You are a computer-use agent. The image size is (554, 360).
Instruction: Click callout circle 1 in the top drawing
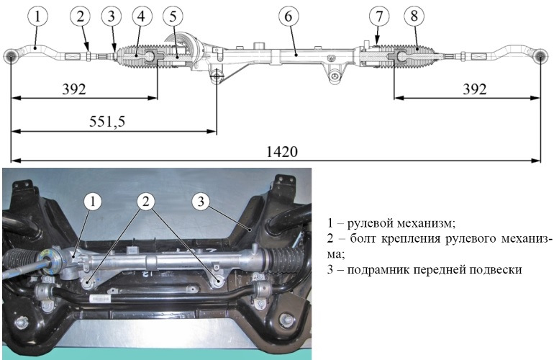[x=37, y=17]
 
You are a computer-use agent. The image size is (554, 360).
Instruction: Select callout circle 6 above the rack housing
[x=289, y=17]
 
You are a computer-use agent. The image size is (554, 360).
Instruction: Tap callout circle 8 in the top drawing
[x=414, y=17]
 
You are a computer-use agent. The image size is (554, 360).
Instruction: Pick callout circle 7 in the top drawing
[x=379, y=17]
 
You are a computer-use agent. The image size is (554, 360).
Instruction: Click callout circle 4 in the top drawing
[x=141, y=17]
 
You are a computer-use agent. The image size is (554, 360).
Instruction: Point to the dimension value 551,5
[x=107, y=122]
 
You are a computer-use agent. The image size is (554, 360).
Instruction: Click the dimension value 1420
[x=282, y=152]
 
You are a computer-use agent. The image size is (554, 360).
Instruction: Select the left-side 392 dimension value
[x=74, y=89]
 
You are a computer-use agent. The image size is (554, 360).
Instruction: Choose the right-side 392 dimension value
[x=475, y=89]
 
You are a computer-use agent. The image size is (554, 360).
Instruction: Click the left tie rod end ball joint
[x=11, y=56]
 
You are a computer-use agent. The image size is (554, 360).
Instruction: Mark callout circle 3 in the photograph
[x=201, y=202]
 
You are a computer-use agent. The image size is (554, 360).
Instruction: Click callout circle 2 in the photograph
[x=146, y=202]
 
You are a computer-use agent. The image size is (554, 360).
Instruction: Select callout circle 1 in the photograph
[x=93, y=202]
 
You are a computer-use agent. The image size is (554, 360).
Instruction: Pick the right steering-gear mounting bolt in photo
[x=219, y=280]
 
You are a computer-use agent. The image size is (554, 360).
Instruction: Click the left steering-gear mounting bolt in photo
[x=88, y=283]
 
